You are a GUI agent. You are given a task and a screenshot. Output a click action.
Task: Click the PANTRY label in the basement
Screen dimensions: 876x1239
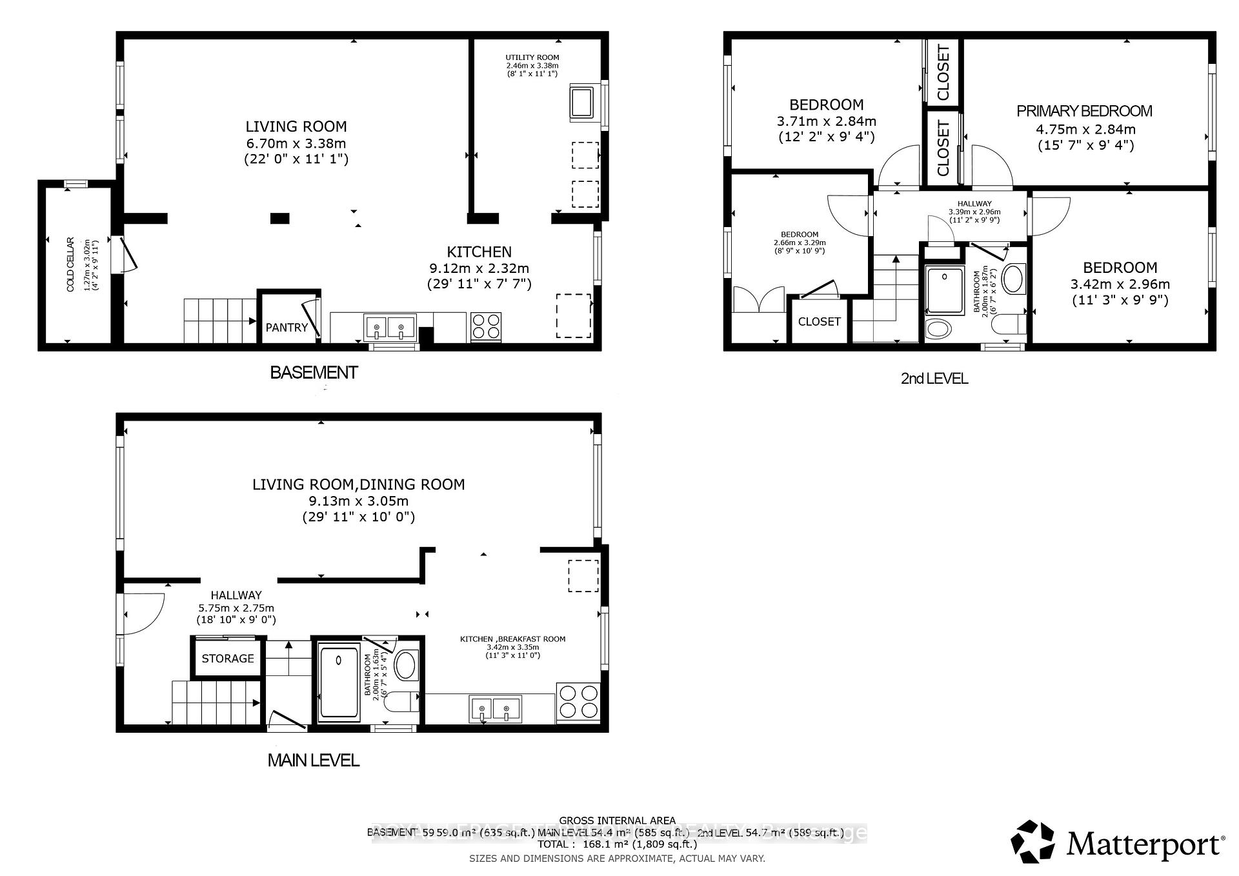[x=287, y=328]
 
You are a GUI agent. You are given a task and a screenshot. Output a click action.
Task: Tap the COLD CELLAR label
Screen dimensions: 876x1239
[x=70, y=265]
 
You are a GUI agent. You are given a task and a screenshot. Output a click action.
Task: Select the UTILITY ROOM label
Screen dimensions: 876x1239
[x=532, y=57]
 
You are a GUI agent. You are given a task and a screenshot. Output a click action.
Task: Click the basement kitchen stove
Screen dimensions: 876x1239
[x=487, y=326]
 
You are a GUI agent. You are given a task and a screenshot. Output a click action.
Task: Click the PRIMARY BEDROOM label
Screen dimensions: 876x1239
[x=1084, y=111]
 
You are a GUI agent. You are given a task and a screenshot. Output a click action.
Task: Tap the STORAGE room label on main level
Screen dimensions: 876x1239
[x=228, y=658]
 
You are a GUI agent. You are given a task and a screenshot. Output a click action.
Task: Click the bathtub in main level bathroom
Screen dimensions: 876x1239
[x=339, y=682]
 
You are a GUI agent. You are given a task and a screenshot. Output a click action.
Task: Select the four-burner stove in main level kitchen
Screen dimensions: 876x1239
[x=578, y=701]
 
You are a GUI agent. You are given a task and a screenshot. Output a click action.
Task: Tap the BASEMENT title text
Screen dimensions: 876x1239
[x=314, y=372]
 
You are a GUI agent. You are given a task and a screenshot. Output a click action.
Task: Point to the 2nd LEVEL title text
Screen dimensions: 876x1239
[x=934, y=379]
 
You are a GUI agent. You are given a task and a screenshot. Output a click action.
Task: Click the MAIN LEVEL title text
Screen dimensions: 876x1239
[x=313, y=760]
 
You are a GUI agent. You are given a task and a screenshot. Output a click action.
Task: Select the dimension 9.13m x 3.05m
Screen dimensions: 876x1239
[x=358, y=501]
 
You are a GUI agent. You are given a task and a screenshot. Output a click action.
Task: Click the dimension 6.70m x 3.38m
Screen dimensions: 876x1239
[x=296, y=143]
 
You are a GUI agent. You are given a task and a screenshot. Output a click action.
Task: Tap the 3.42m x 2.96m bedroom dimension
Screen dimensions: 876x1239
[x=1120, y=284]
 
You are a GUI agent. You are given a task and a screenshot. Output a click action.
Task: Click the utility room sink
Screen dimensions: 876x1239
[x=581, y=102]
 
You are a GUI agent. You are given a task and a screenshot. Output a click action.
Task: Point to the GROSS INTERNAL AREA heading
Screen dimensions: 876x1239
[x=617, y=821]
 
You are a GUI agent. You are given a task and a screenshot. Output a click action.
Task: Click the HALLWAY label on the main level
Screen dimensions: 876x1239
[x=236, y=595]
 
